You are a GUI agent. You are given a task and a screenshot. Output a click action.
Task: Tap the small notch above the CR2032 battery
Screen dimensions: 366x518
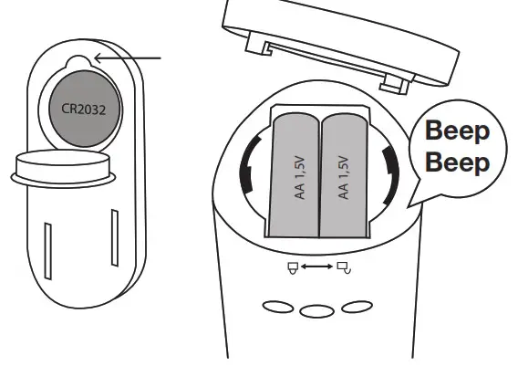pos(78,61)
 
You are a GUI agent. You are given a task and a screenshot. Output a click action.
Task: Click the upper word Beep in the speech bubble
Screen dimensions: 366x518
pos(459,131)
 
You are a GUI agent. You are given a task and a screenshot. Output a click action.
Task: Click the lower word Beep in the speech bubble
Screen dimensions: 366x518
pos(459,164)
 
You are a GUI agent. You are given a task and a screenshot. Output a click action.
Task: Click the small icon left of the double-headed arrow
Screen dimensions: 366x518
pos(292,267)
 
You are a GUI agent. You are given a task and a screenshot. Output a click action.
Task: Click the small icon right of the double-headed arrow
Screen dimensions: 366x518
pos(342,267)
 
